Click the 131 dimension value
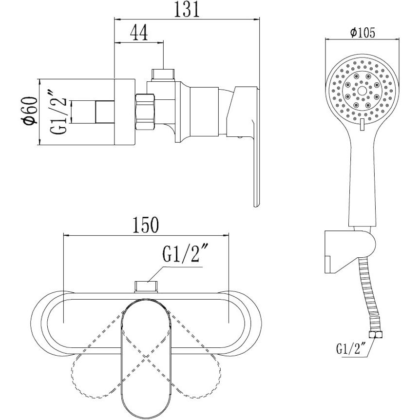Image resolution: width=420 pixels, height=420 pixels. pos(187,10)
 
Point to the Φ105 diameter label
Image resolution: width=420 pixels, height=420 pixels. pos(363,33)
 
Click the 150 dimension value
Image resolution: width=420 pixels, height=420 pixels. pos(146,225)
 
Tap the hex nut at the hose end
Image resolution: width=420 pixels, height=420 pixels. pos(375,335)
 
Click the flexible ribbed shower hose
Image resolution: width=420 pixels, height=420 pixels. pos(367,294)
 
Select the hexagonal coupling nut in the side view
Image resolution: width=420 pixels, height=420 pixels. pos(146,112)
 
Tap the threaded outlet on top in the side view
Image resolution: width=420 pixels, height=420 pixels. pos(163,75)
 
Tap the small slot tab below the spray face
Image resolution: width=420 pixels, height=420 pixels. pos(363,125)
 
